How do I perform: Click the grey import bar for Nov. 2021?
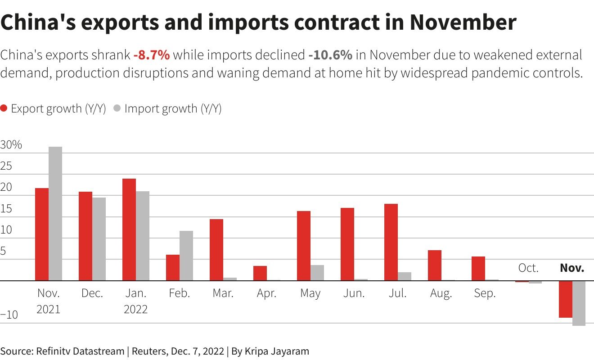tap(55, 213)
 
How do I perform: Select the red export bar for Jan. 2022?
tap(129, 229)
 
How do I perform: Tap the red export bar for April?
tap(260, 273)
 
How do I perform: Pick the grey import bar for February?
tap(186, 256)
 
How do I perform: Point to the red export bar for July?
tap(391, 242)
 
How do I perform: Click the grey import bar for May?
tap(317, 273)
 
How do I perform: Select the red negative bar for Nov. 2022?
tap(566, 299)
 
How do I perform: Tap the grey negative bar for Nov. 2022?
tap(579, 303)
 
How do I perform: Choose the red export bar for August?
tap(435, 265)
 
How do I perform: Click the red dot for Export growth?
tap(4, 108)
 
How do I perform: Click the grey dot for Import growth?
tap(117, 108)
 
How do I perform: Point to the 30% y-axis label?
tap(11, 145)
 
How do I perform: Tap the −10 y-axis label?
tap(9, 315)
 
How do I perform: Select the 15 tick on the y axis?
tap(6, 209)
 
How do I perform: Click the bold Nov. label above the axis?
tap(572, 268)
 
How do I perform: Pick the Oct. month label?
tap(528, 268)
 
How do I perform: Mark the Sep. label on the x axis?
tap(485, 293)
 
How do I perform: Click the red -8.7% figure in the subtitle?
tap(152, 55)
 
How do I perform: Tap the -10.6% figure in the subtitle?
tap(330, 55)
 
